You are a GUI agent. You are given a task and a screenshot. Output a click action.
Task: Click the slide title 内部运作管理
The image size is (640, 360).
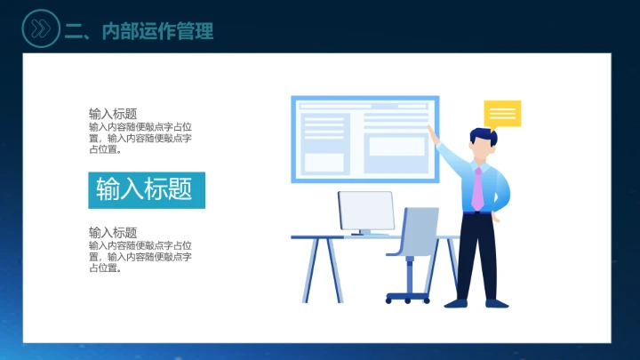[x=140, y=31]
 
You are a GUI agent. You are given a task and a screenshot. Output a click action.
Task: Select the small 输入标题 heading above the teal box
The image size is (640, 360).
[x=113, y=114]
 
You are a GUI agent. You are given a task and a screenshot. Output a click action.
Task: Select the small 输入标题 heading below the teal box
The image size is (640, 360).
[x=113, y=233]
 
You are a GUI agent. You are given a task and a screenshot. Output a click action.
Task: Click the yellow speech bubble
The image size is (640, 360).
[x=502, y=114]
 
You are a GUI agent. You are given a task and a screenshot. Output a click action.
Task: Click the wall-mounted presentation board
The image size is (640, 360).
[x=364, y=139]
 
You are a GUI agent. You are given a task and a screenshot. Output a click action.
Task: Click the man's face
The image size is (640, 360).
[x=480, y=149]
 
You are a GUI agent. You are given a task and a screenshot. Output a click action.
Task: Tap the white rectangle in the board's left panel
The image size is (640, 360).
[x=324, y=163]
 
